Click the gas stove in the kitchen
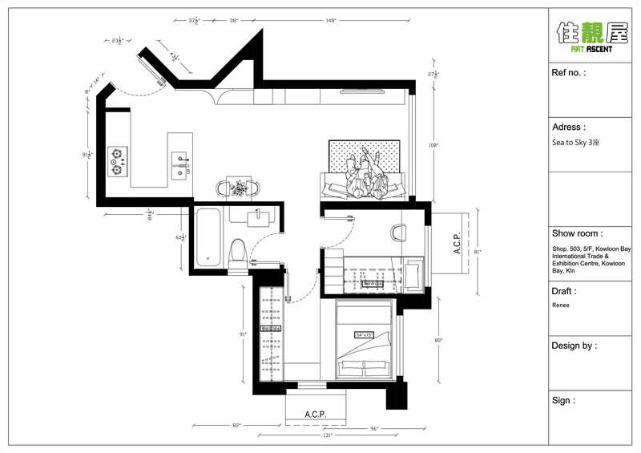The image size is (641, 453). [x=119, y=160]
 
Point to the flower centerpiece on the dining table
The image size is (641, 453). [x=238, y=188]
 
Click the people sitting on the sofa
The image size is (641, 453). [x=366, y=174]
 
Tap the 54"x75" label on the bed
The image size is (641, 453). [x=365, y=334]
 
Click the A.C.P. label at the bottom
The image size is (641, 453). [x=316, y=415]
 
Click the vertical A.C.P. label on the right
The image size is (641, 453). [x=456, y=244]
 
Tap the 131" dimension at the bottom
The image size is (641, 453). [x=328, y=435]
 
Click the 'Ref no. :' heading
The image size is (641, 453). [x=569, y=72]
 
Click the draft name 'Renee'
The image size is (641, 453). [x=561, y=305]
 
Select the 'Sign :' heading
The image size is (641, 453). [x=563, y=400]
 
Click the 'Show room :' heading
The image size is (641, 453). [x=579, y=233]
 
